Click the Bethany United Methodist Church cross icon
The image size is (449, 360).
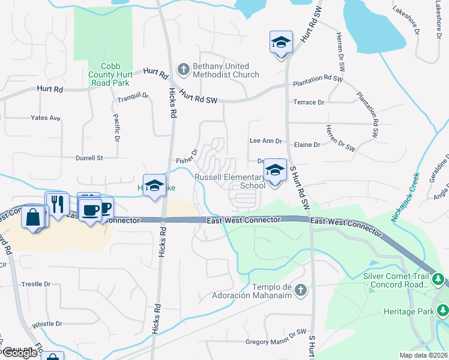(184, 70)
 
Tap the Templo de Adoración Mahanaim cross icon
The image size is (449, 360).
(301, 290)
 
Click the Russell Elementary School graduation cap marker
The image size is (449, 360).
(275, 172)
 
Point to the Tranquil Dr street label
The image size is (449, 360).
(132, 98)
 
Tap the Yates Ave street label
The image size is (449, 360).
(46, 118)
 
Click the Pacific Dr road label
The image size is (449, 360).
(116, 128)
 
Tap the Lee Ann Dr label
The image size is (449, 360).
(265, 140)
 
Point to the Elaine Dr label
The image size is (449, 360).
(308, 145)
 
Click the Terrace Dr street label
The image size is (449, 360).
(309, 103)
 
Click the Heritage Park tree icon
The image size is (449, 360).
(443, 310)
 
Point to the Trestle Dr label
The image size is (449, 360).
(35, 284)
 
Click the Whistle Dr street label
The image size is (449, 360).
(47, 324)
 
